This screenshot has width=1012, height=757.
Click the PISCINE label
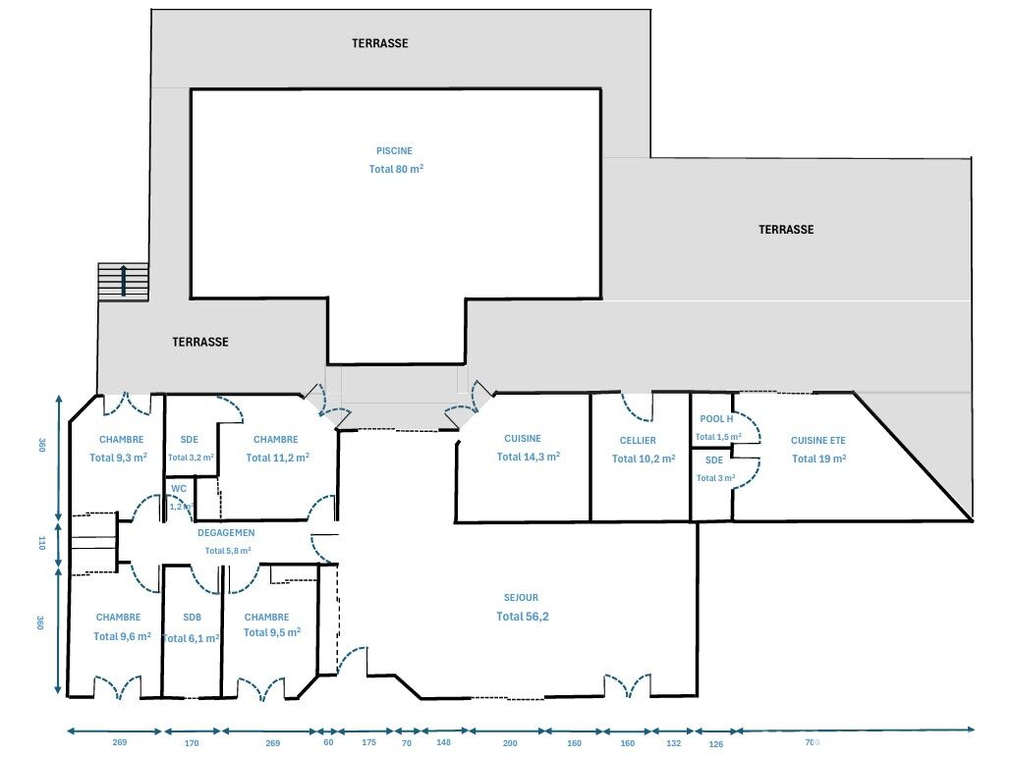point(394,151)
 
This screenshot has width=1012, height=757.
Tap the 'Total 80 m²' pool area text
point(396,169)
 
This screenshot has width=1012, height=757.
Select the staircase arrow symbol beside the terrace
point(123,281)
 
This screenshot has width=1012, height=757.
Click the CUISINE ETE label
point(817,441)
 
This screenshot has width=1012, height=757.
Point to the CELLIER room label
point(638,441)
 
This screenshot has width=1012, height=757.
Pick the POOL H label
point(716,419)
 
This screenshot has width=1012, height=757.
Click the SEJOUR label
point(521,598)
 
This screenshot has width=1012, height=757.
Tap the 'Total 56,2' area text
point(522,617)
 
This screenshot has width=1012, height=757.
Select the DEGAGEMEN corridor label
point(226,532)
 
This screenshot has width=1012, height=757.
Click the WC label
point(179,489)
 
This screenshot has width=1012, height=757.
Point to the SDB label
point(192,617)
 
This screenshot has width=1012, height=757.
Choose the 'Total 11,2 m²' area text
point(277,458)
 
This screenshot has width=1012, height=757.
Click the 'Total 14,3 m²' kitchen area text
point(528,457)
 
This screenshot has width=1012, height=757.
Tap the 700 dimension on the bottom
point(812,743)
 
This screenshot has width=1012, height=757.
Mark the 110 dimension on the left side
point(42,543)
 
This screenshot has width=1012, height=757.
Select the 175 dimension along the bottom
point(368,742)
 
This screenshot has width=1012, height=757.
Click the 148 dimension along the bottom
point(443,742)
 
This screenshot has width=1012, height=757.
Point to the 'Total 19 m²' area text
point(819,459)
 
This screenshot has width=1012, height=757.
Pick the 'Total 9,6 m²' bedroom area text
point(122,636)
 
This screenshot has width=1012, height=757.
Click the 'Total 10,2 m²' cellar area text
point(644,459)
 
